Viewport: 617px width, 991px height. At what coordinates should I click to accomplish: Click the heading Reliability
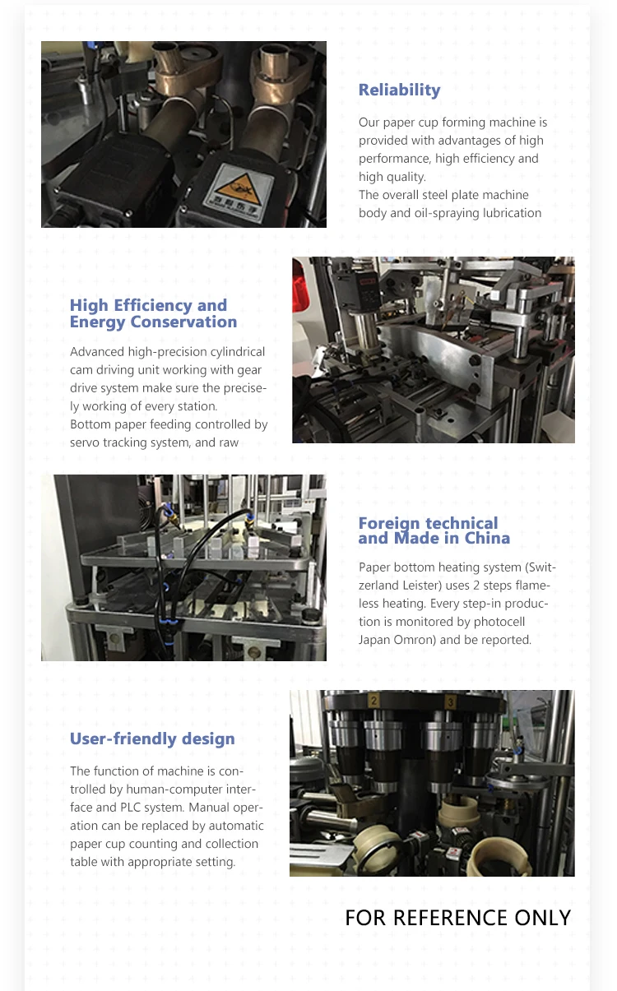[399, 90]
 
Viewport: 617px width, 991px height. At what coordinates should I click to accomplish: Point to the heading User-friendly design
[152, 739]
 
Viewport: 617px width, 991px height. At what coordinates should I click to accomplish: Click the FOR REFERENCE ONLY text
[458, 918]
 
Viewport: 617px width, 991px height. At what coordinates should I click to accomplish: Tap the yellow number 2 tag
[374, 701]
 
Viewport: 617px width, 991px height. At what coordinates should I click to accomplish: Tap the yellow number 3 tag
[451, 702]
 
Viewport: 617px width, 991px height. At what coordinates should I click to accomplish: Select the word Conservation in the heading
[183, 322]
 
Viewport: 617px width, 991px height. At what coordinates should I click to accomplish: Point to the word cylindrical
[238, 352]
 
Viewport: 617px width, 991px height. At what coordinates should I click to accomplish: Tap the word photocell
[499, 622]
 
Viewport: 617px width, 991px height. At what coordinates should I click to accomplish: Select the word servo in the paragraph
[85, 442]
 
